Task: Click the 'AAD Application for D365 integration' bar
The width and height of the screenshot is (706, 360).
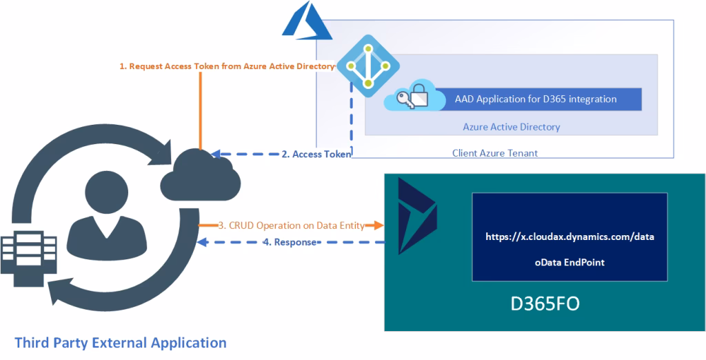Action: (536, 99)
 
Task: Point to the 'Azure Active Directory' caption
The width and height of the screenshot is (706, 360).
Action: (511, 127)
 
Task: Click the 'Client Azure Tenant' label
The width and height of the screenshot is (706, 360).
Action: (494, 153)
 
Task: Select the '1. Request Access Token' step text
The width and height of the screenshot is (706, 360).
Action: (227, 66)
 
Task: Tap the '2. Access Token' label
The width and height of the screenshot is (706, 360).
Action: (316, 154)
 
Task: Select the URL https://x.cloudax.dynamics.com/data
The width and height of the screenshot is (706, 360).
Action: (569, 237)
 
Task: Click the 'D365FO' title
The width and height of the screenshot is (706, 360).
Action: (540, 304)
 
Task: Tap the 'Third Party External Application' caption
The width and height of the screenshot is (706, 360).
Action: (120, 342)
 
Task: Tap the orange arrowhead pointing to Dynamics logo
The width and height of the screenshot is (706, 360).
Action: (378, 225)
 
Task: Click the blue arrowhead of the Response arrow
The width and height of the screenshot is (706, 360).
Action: (201, 242)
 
